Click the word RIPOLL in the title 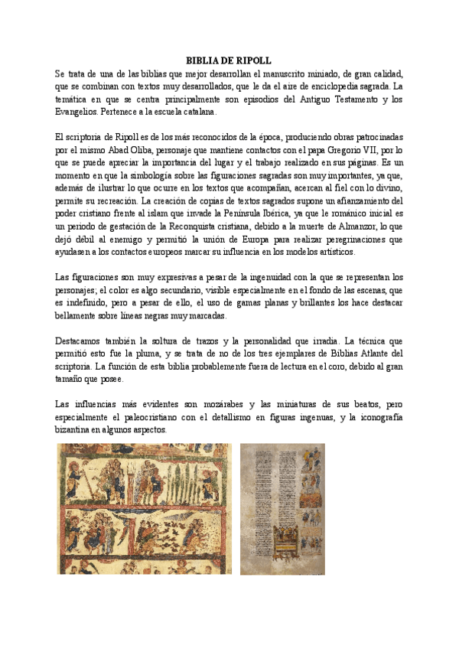click(x=253, y=61)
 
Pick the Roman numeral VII click(x=369, y=150)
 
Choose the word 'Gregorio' click(x=334, y=150)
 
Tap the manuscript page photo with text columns click(x=282, y=508)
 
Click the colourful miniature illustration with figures click(x=144, y=508)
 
